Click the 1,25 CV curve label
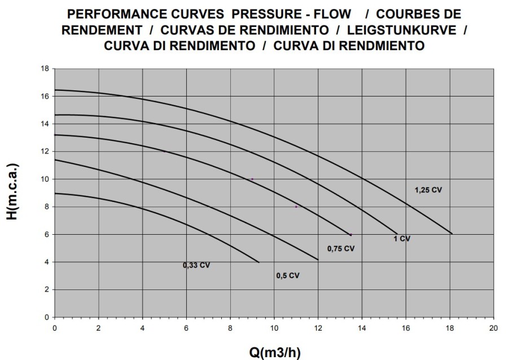(x=428, y=190)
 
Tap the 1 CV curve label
(x=402, y=239)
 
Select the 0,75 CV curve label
(x=341, y=248)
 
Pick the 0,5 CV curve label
(x=287, y=275)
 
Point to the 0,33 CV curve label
(x=196, y=265)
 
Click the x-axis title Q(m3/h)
(x=275, y=353)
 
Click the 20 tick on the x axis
(x=493, y=328)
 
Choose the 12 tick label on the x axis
(x=318, y=328)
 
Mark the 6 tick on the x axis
(x=186, y=328)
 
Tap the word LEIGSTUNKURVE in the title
(x=410, y=29)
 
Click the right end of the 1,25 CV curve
(x=452, y=233)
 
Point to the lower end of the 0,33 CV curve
(x=259, y=262)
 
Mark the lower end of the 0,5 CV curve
(x=318, y=260)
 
